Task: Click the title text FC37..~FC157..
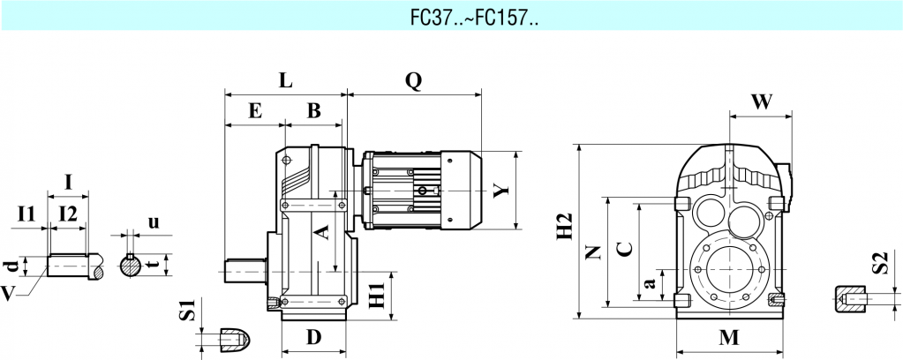coord(450,17)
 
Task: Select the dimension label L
coord(285,80)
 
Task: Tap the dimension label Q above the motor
coord(413,80)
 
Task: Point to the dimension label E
coord(255,111)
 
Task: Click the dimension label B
coord(313,111)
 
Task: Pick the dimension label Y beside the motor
coord(502,190)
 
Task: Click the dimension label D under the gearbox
coord(313,336)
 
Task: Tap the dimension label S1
coord(186,311)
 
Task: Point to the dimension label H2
coord(566,227)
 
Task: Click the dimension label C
coord(623,248)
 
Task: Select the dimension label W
coord(761,101)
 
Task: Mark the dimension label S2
coord(877,263)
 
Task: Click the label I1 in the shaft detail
coord(26,213)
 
